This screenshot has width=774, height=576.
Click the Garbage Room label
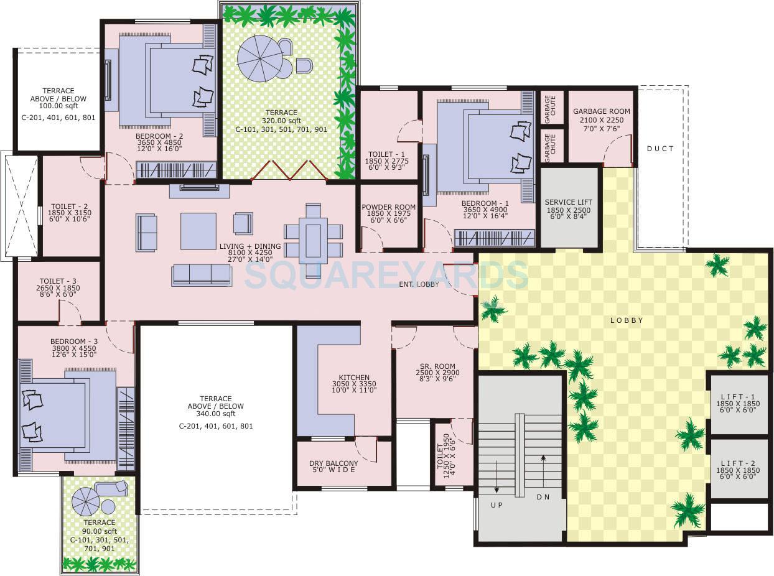click(601, 111)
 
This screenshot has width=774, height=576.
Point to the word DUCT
click(660, 149)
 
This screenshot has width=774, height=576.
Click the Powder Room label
click(388, 207)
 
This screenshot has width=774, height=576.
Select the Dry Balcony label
click(333, 463)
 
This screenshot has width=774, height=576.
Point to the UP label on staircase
click(496, 505)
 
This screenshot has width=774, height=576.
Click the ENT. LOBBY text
click(419, 284)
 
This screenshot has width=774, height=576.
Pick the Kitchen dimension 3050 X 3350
click(354, 384)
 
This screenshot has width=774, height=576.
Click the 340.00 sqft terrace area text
click(216, 414)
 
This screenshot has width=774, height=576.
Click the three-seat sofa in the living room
click(201, 274)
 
